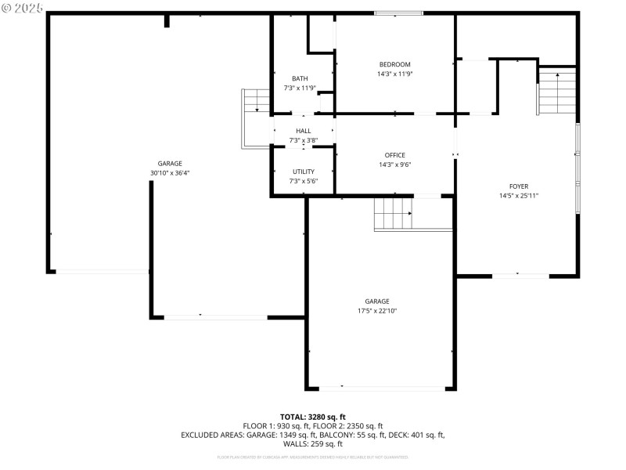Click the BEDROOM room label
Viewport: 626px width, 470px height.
tap(394, 64)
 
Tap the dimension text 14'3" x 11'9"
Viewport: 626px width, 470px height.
tap(394, 74)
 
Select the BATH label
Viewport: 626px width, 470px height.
tap(300, 78)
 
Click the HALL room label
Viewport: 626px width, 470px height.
tap(303, 131)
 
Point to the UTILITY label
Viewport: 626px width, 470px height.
tap(304, 172)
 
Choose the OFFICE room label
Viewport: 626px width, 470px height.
tap(394, 155)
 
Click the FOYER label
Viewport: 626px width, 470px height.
tap(519, 186)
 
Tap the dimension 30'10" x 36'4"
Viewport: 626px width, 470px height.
tap(170, 173)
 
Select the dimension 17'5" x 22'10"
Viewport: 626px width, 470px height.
tap(377, 311)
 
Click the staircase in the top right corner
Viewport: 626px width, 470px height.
tap(556, 89)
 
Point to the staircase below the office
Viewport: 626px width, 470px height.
tap(394, 213)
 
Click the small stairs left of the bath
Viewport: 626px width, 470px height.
tap(255, 101)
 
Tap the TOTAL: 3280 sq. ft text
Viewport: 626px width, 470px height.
tap(313, 417)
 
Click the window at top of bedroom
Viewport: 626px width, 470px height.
tap(398, 13)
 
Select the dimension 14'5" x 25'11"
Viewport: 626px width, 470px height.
tap(519, 196)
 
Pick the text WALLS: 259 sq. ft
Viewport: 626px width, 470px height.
tap(313, 444)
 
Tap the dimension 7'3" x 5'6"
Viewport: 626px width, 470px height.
tap(304, 181)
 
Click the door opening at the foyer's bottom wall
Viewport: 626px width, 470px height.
tap(520, 276)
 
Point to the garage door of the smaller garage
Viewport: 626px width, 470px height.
tap(382, 388)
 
